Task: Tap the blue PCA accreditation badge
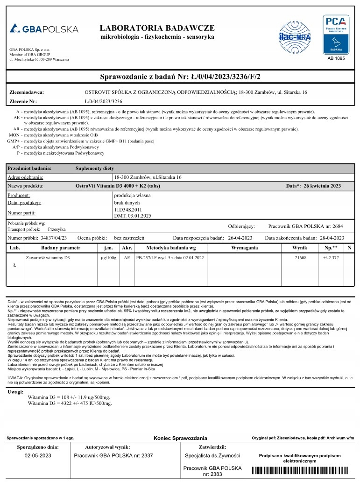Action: tap(336, 35)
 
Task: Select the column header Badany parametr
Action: tap(61, 247)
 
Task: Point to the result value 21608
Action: tap(301, 257)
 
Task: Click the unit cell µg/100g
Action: tap(108, 257)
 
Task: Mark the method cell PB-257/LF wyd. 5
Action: tap(169, 257)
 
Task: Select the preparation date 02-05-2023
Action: tap(39, 455)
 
